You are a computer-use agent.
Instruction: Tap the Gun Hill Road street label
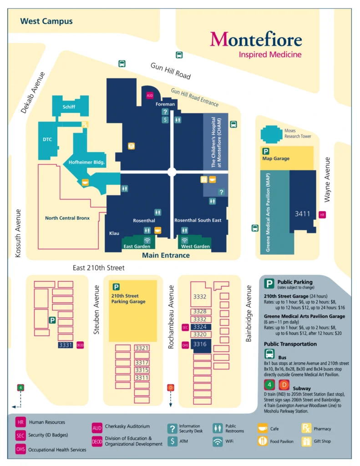[x=171, y=71]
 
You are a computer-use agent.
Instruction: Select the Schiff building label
[x=69, y=107]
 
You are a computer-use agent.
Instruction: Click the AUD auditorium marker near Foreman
[x=150, y=96]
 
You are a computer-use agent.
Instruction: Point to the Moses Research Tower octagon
[x=272, y=134]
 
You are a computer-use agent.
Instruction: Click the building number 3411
[x=302, y=213]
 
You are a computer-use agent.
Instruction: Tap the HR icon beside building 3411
[x=322, y=214]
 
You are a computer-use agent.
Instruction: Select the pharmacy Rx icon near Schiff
[x=84, y=124]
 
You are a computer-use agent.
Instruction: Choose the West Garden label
[x=196, y=246]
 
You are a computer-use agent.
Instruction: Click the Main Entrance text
[x=166, y=255]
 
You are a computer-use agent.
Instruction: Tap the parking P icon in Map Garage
[x=265, y=151]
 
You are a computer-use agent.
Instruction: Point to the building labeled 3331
[x=66, y=345]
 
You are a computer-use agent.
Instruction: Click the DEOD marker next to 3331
[x=80, y=345]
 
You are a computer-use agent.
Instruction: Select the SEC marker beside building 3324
[x=185, y=327]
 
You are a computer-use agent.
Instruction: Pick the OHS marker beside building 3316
[x=185, y=344]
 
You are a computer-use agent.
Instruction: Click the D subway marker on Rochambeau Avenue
[x=171, y=387]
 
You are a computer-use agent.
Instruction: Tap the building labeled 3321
[x=142, y=348]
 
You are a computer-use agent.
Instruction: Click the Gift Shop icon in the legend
[x=306, y=441]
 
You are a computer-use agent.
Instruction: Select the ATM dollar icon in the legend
[x=172, y=441]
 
